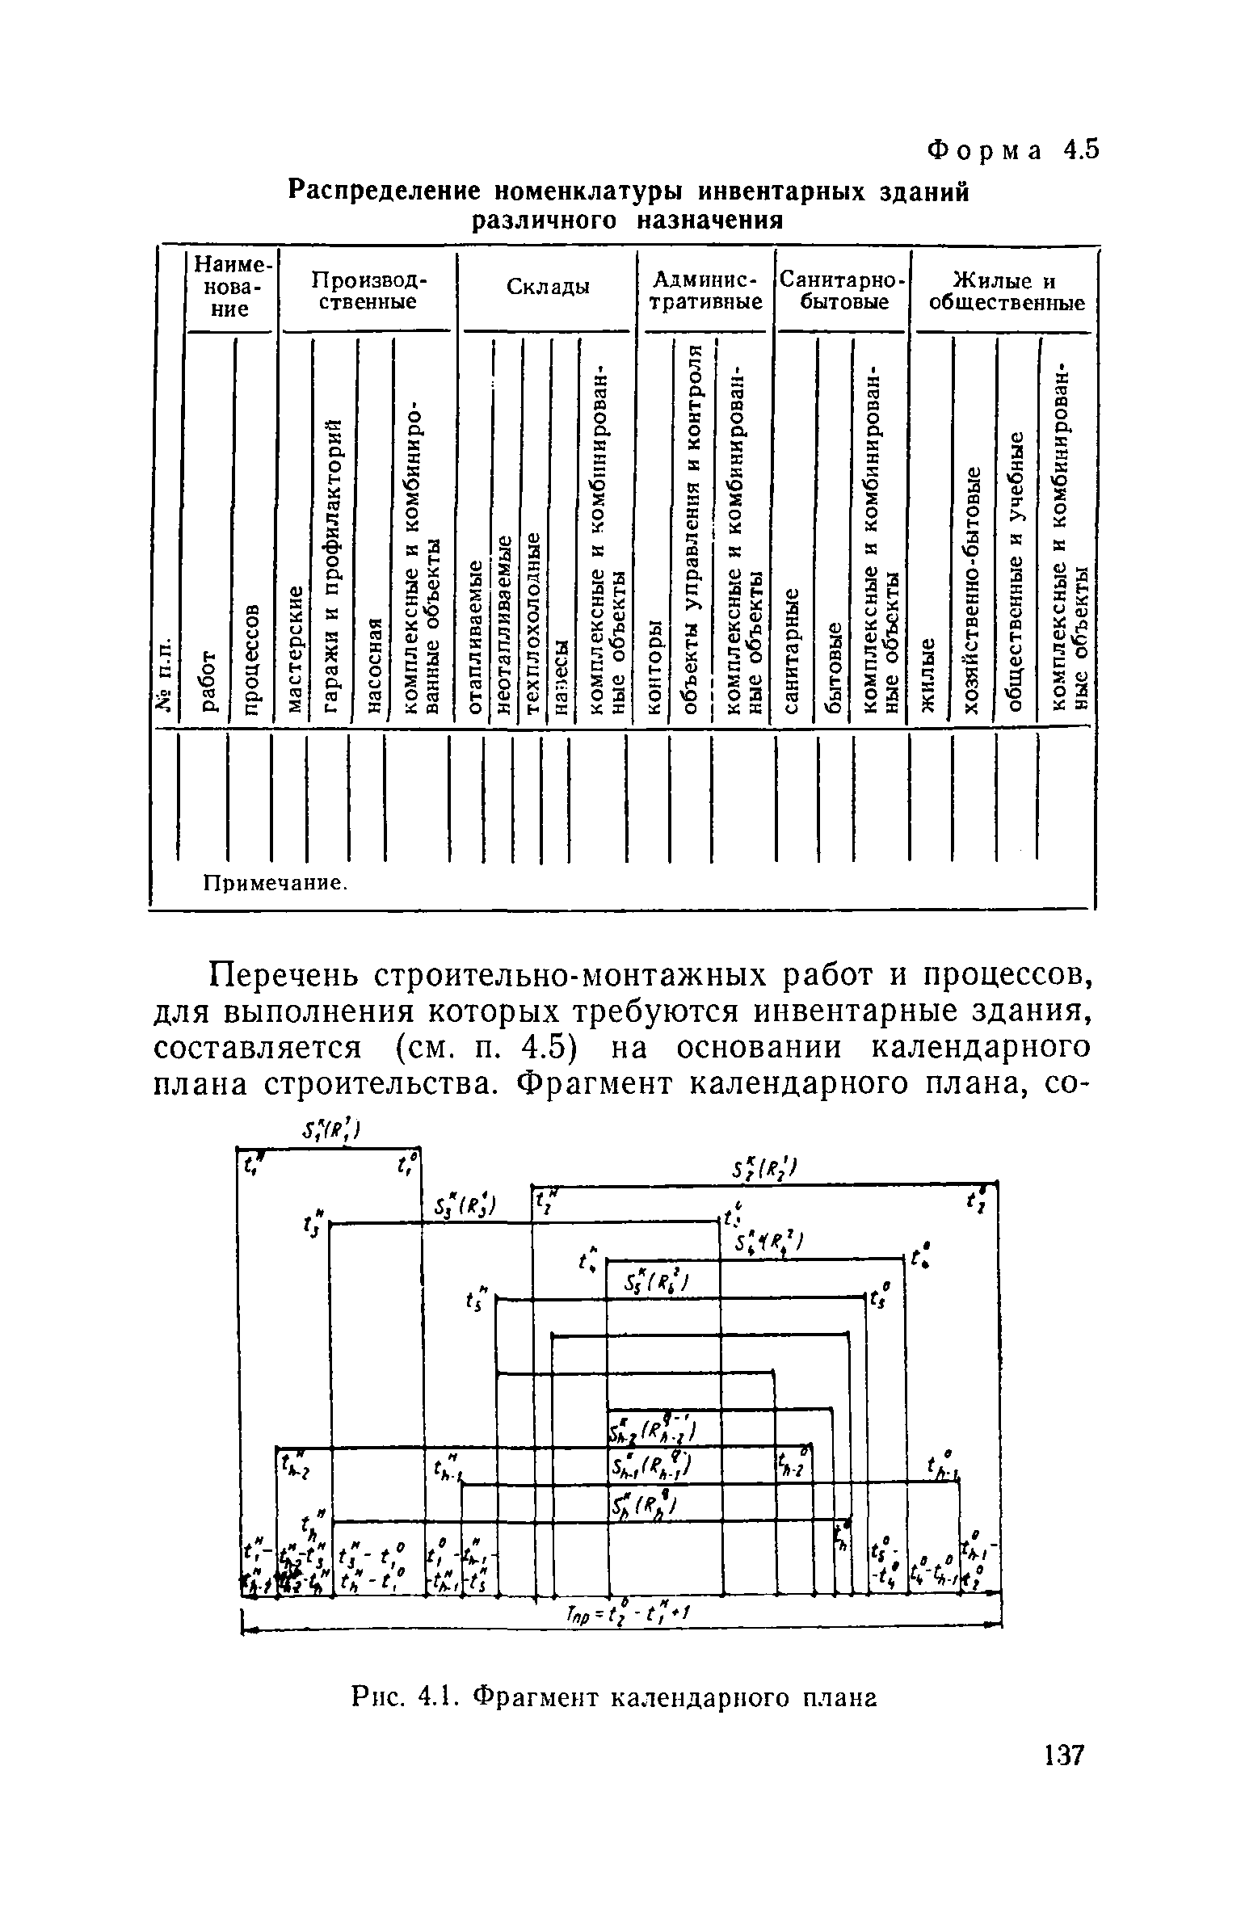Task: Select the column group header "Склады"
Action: (x=548, y=288)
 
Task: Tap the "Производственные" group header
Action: (x=368, y=291)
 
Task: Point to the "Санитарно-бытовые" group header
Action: (x=841, y=291)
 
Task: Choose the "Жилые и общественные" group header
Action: (x=1005, y=291)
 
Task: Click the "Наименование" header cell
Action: (x=232, y=287)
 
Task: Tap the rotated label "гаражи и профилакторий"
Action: (x=333, y=566)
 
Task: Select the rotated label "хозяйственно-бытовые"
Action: (x=975, y=590)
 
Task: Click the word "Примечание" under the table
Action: (x=273, y=883)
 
